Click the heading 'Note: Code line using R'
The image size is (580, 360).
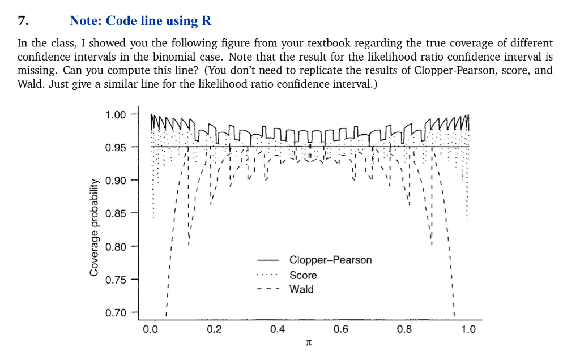[140, 21]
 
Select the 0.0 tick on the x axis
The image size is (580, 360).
[150, 329]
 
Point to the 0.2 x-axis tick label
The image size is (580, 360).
[214, 329]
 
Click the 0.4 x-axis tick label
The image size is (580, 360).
[278, 329]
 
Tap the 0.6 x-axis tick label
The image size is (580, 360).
[341, 329]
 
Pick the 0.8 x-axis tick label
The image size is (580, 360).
[404, 329]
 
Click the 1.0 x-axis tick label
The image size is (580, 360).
[468, 329]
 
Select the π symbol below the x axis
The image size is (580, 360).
[309, 343]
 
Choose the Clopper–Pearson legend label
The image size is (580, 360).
[331, 260]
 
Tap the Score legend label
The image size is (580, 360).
[303, 275]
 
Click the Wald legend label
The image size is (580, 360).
[301, 289]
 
